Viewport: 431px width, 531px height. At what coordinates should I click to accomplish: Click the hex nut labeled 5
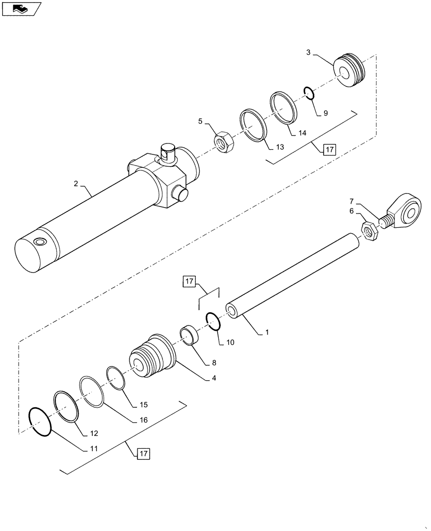220,142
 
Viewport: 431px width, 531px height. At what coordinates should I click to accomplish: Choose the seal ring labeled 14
283,108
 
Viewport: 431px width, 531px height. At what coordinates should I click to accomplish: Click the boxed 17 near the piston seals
329,150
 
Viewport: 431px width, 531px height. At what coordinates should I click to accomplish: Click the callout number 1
267,333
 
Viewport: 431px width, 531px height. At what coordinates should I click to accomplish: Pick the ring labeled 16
92,392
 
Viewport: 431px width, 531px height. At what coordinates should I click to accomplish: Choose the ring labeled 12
66,407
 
